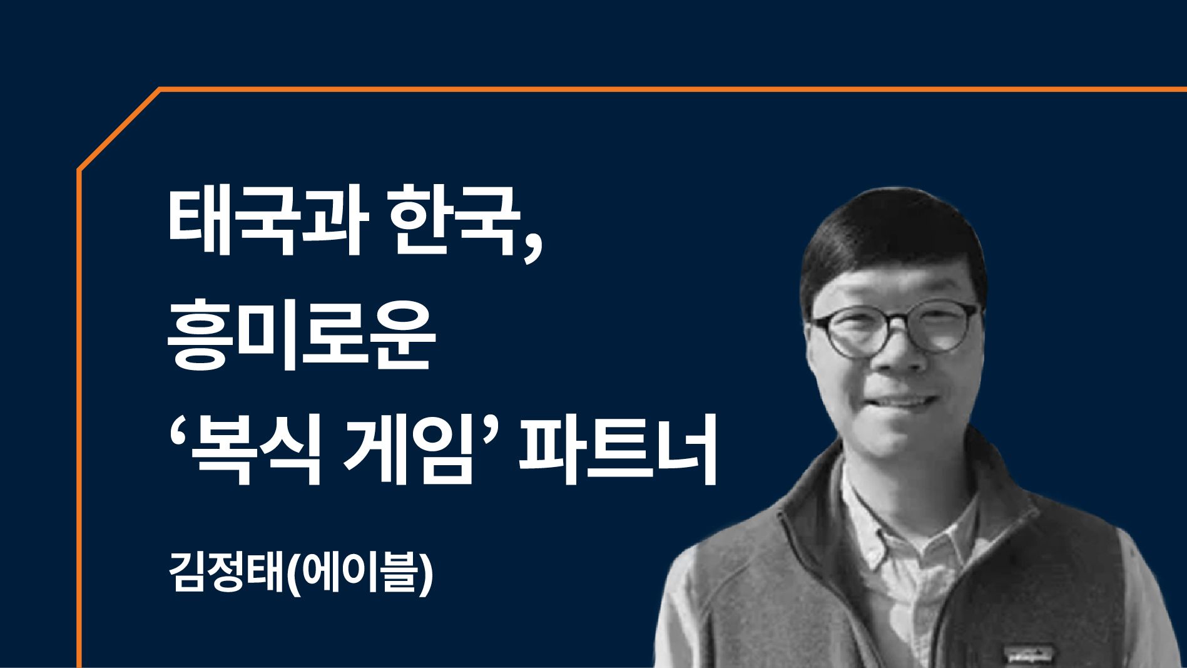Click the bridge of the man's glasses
click(x=897, y=323)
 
